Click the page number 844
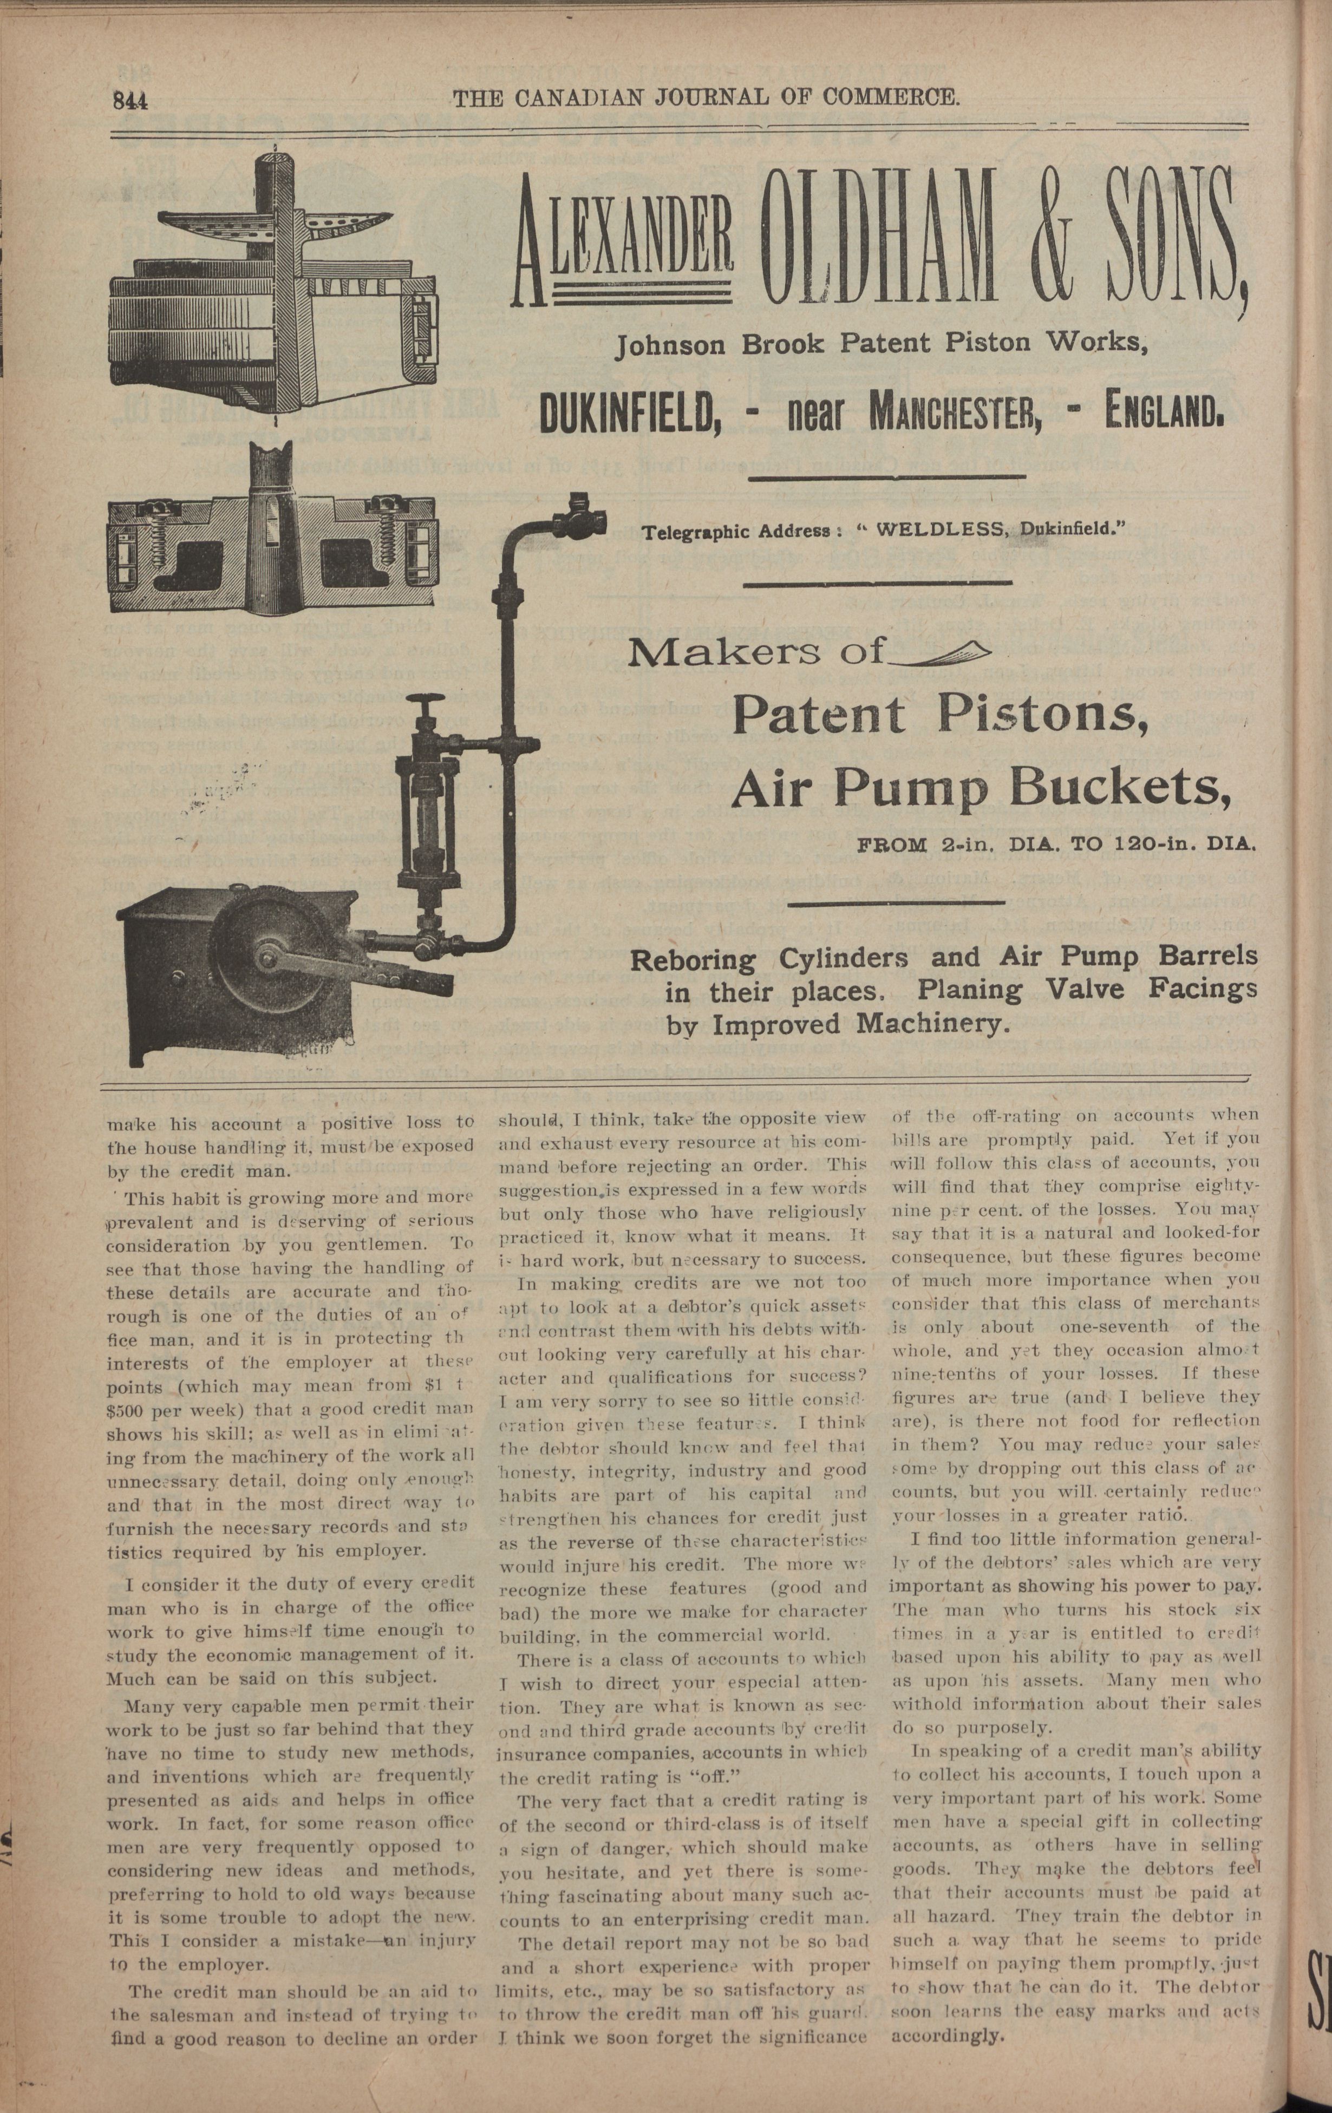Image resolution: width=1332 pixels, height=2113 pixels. (129, 101)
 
